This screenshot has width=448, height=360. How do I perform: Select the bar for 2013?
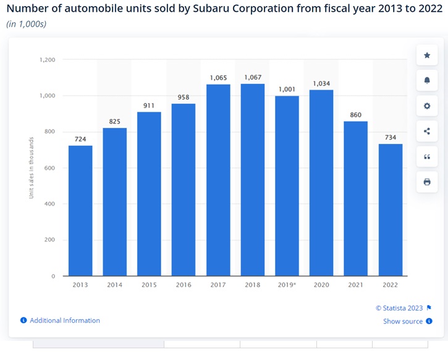click(80, 211)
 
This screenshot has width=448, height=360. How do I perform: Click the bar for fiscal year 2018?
click(252, 180)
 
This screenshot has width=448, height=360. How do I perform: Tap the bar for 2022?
click(391, 210)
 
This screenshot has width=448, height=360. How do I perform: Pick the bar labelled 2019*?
click(287, 186)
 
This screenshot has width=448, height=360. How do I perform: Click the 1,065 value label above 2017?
click(218, 78)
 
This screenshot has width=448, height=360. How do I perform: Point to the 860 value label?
click(356, 115)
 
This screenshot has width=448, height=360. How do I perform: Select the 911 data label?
click(149, 106)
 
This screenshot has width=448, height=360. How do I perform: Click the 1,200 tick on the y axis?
click(48, 60)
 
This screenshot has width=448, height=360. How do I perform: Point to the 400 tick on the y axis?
click(50, 204)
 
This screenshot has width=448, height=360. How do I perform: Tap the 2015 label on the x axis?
click(149, 285)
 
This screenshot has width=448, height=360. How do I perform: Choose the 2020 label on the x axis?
click(321, 285)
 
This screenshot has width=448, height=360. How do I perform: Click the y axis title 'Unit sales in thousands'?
click(31, 168)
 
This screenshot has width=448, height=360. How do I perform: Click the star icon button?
click(427, 56)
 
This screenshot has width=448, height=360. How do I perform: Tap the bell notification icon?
click(427, 81)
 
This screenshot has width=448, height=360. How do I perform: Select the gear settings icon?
click(427, 106)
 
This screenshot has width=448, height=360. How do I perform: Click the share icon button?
click(427, 131)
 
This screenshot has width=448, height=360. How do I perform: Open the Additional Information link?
click(64, 320)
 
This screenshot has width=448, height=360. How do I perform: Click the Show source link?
click(403, 321)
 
